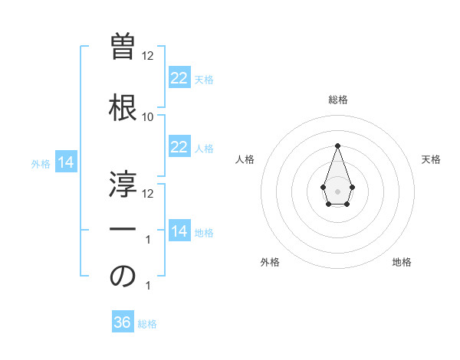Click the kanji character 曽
[123, 47]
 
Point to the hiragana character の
[123, 277]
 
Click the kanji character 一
[123, 229]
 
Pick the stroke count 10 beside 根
[147, 117]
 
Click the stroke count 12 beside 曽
[147, 56]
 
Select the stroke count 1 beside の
[148, 286]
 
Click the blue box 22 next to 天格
[179, 78]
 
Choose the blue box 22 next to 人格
[179, 147]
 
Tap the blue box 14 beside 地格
[179, 231]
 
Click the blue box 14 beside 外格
[65, 162]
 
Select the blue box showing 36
[123, 322]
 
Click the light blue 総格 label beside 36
[147, 324]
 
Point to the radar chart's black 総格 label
[337, 100]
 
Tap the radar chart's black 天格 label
[431, 159]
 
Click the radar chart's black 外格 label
[270, 263]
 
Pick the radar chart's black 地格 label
[402, 263]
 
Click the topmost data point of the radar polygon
[337, 146]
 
